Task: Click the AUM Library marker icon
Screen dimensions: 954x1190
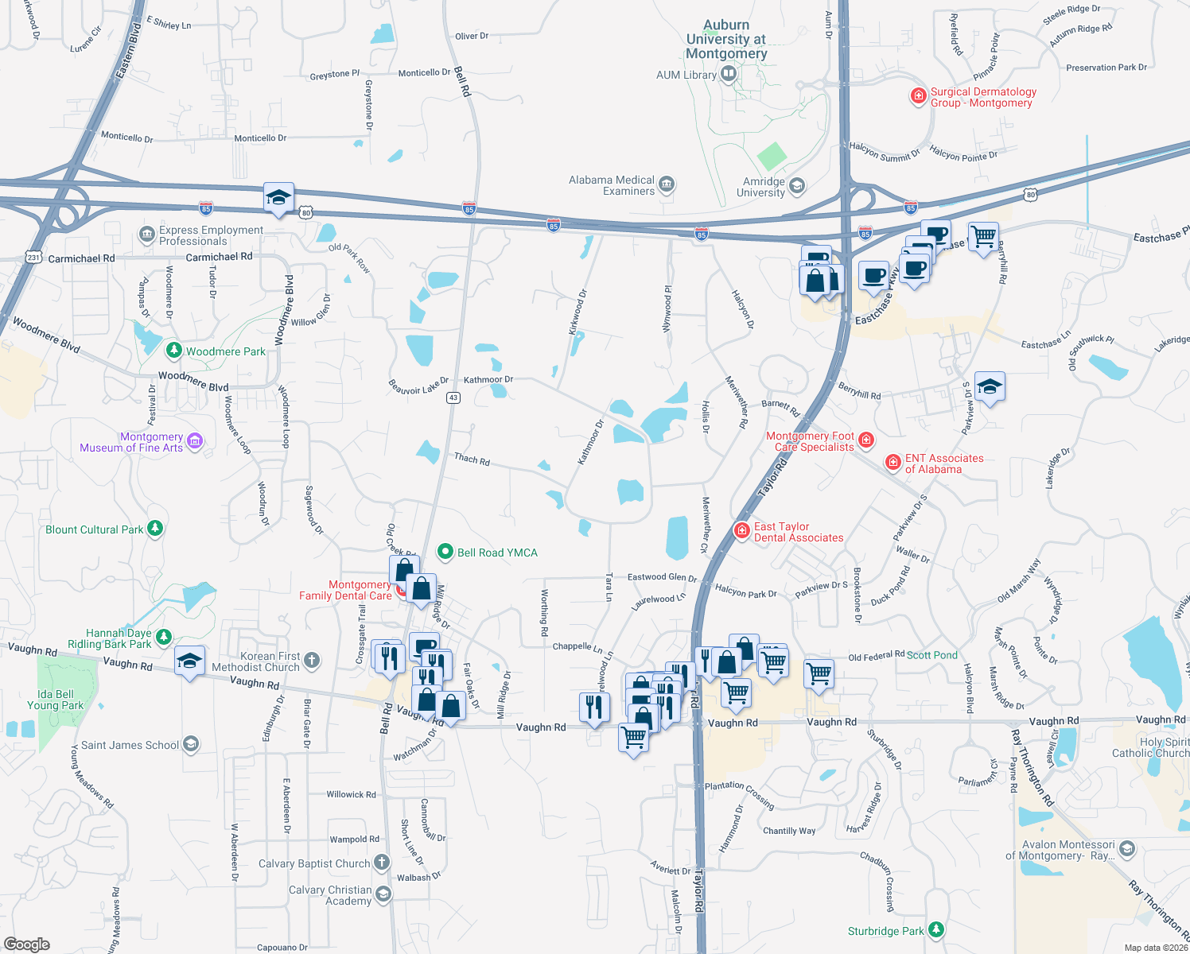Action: (x=728, y=75)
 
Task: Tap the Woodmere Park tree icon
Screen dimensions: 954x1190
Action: (x=173, y=351)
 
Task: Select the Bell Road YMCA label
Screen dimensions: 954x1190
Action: (x=497, y=553)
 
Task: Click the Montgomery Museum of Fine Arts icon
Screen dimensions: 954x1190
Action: (x=195, y=441)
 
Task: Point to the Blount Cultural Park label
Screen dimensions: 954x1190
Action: (x=94, y=529)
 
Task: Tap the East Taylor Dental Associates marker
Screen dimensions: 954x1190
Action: (x=741, y=531)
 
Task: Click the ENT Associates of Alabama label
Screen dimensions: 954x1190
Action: (x=944, y=463)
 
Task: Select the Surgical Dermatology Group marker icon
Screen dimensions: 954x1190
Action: (x=918, y=96)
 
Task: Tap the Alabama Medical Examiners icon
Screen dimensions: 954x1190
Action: (x=667, y=185)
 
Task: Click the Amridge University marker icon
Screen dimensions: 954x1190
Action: (x=797, y=186)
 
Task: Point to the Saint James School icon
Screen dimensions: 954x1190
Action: (x=191, y=744)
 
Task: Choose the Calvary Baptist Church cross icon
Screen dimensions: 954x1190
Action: (x=382, y=863)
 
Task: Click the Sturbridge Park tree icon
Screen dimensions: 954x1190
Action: (x=936, y=929)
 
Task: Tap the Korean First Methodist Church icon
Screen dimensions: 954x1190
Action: (x=312, y=660)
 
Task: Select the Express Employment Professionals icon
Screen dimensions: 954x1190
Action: (x=146, y=235)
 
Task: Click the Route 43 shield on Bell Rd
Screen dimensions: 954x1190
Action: (x=453, y=397)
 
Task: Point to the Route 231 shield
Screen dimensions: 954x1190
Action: (x=33, y=257)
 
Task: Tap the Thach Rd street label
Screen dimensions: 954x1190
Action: (x=472, y=459)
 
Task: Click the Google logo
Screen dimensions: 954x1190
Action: (x=27, y=944)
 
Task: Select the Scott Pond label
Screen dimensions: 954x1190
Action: (x=931, y=655)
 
